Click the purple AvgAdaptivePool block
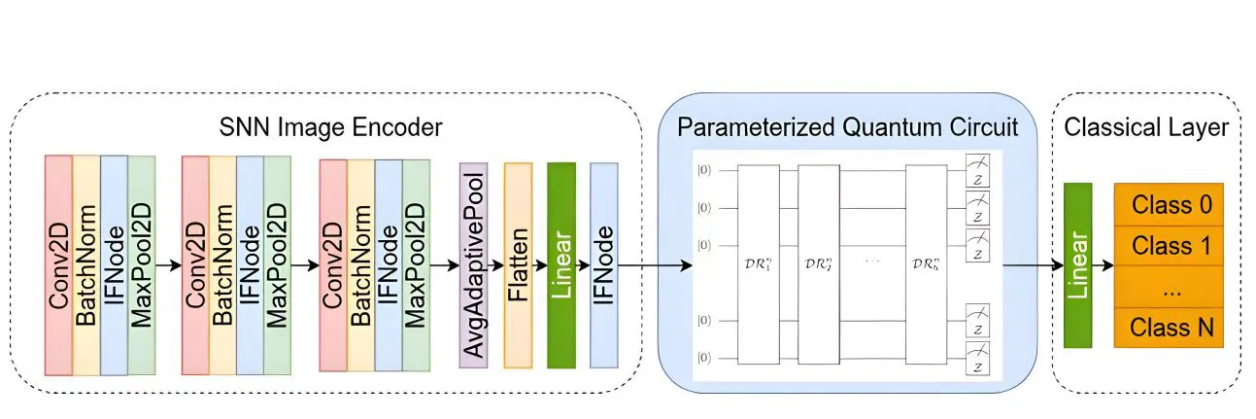coord(473,264)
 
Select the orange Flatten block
coord(518,264)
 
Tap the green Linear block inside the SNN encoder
coord(561,264)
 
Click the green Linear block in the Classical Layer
coord(1077,264)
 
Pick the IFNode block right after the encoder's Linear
coord(604,264)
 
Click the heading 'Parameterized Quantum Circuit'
coord(847,127)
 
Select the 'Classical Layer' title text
coord(1146,127)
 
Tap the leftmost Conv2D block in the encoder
coord(59,264)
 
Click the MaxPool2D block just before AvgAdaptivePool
coord(416,264)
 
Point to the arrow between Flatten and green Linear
coord(540,264)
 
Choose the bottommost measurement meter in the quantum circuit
coord(978,354)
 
